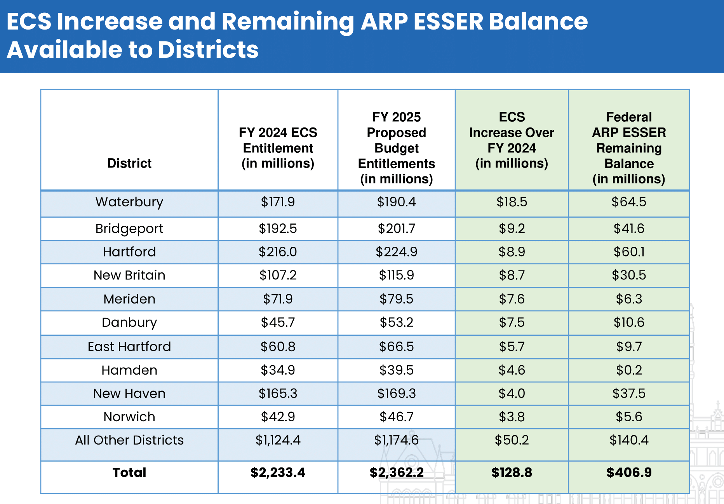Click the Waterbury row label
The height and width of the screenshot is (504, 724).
[129, 202]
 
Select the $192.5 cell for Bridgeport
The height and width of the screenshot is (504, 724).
[278, 228]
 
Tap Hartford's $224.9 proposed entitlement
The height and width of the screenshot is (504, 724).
[396, 252]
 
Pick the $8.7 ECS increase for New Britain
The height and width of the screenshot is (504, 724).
[512, 275]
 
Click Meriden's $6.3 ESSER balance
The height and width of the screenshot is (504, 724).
[629, 299]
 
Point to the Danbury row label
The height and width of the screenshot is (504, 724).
[129, 323]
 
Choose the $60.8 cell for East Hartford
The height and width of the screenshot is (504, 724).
[278, 347]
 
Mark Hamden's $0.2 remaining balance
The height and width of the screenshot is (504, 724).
[629, 370]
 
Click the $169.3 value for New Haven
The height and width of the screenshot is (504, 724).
[396, 393]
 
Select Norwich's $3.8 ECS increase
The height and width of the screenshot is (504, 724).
[512, 417]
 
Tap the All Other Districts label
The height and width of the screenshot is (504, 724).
[129, 440]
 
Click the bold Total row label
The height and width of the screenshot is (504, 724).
[129, 473]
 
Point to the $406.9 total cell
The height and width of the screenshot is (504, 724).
[629, 473]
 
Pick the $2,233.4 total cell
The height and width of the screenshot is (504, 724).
[278, 473]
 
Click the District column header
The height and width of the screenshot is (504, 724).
[129, 163]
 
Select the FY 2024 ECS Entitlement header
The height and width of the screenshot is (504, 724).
[278, 148]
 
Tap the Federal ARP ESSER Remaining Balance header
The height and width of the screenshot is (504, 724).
[629, 148]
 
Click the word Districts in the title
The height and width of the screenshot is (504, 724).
[208, 50]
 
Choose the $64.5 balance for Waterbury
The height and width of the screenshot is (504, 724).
[629, 202]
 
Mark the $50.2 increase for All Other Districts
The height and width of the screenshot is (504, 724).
[512, 440]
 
